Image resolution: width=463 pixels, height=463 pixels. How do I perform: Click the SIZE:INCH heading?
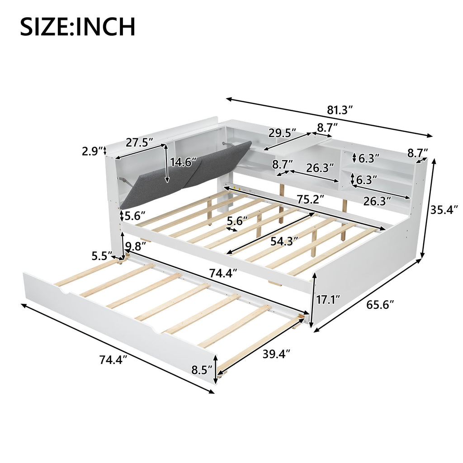coord(78,27)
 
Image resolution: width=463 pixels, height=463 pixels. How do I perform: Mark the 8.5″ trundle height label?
coord(202,370)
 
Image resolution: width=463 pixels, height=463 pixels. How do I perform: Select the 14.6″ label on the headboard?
coord(184,162)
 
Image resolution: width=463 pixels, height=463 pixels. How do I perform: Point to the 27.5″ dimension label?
coord(140,142)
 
